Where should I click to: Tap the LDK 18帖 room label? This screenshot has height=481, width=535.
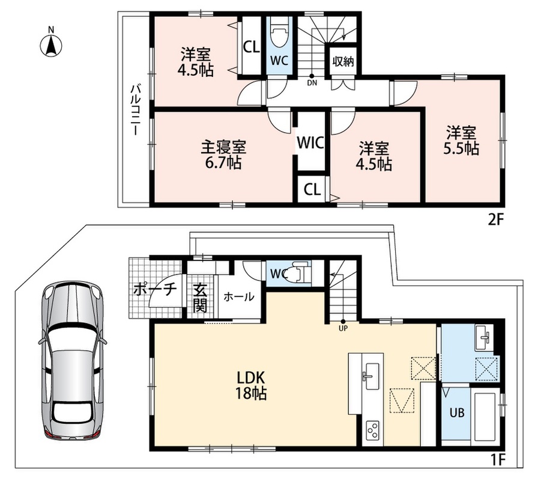pyautogui.click(x=252, y=385)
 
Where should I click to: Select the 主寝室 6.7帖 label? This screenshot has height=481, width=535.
pyautogui.click(x=223, y=155)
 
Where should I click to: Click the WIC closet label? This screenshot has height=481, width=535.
pyautogui.click(x=310, y=142)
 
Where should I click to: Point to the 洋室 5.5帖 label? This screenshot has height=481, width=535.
pyautogui.click(x=461, y=141)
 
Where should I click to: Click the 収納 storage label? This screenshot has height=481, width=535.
pyautogui.click(x=343, y=62)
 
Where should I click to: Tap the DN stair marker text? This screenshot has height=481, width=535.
pyautogui.click(x=312, y=83)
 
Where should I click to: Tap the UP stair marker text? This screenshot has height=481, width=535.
pyautogui.click(x=343, y=329)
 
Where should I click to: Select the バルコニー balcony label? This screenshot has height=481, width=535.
pyautogui.click(x=136, y=110)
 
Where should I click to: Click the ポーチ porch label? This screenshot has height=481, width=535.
pyautogui.click(x=155, y=290)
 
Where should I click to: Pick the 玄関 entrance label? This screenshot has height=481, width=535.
pyautogui.click(x=200, y=298)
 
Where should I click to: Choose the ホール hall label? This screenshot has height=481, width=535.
pyautogui.click(x=239, y=297)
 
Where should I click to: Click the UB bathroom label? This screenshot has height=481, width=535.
pyautogui.click(x=456, y=413)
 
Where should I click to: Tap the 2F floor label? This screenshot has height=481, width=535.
pyautogui.click(x=495, y=219)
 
